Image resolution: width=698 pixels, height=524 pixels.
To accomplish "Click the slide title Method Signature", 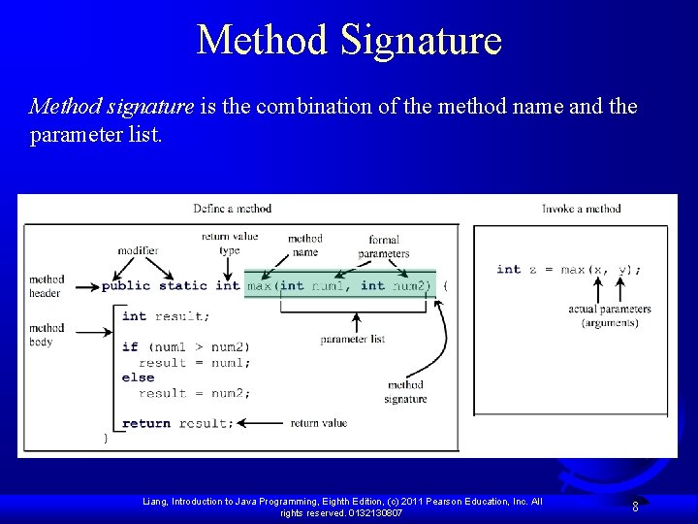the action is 349,41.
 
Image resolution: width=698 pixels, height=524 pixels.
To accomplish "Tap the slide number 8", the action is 635,506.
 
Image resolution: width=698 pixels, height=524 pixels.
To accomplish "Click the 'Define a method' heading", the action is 232,208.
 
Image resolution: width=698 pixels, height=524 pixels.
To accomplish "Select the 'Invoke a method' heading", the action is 581,208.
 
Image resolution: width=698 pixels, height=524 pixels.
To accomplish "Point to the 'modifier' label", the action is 138,250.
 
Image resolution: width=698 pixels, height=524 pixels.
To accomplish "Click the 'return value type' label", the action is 230,243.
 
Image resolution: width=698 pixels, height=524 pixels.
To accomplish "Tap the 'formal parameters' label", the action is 384,246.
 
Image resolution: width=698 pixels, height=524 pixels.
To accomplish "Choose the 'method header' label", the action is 46,286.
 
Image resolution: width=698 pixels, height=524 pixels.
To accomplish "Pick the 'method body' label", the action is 46,335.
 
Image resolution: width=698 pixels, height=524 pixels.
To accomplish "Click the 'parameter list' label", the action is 353,340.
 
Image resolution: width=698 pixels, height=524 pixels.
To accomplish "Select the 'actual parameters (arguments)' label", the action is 610,315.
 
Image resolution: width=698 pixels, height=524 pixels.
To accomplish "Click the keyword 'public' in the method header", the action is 127,285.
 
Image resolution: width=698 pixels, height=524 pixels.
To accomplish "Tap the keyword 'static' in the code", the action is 183,285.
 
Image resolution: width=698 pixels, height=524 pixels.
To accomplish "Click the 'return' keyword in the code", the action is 146,423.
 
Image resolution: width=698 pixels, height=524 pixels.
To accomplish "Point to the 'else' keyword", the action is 138,377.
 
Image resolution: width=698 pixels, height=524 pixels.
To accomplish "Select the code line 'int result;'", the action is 164,316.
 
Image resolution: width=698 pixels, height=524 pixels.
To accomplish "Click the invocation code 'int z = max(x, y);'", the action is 569,269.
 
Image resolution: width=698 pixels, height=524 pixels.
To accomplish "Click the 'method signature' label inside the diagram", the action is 405,392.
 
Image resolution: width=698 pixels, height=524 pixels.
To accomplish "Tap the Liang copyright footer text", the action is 342,507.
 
